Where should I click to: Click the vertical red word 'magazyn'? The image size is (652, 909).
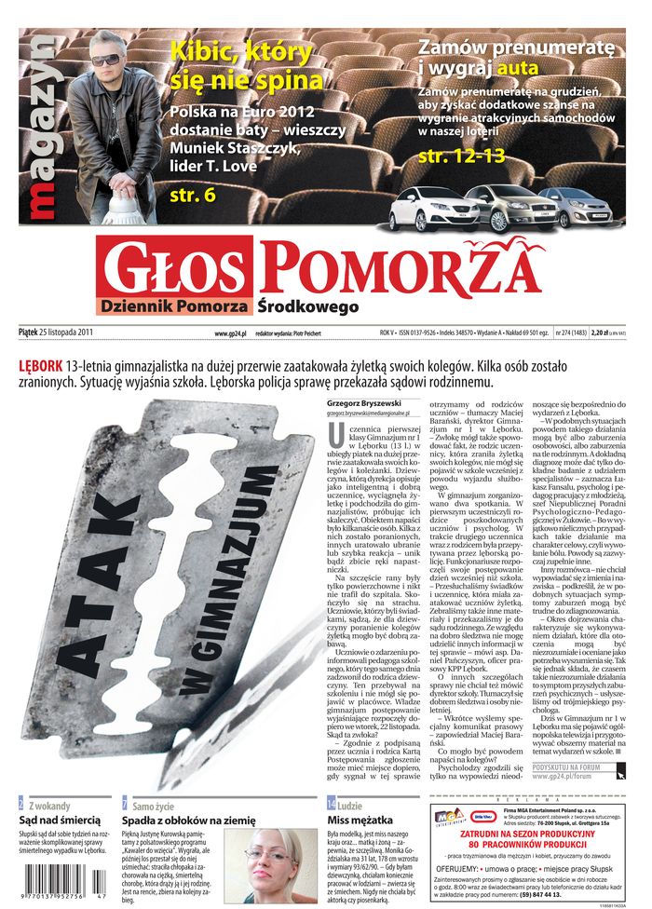pos(41,130)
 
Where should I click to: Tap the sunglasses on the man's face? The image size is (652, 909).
pos(105,60)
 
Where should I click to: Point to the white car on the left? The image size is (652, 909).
pos(433,209)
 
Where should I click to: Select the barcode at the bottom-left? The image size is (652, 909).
pos(56,889)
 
